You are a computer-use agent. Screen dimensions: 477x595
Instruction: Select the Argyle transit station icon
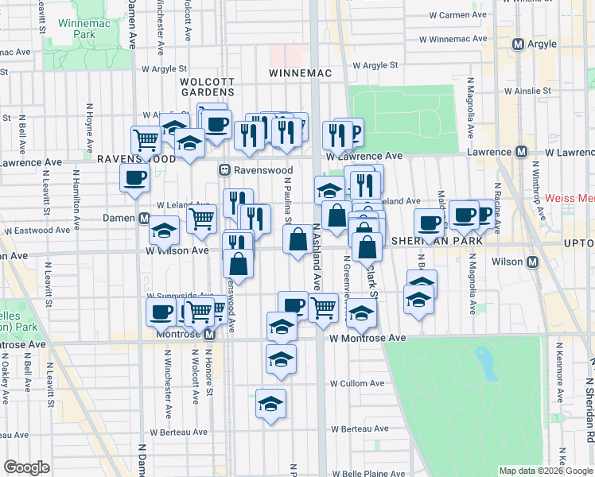click(x=519, y=45)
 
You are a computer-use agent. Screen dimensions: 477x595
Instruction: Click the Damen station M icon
click(x=144, y=218)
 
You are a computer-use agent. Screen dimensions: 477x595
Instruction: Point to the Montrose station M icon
click(x=209, y=335)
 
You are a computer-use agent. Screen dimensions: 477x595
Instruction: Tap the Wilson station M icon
click(x=532, y=262)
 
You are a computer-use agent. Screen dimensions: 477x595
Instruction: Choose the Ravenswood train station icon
click(x=225, y=170)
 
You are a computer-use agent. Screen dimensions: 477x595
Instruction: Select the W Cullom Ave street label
click(x=356, y=383)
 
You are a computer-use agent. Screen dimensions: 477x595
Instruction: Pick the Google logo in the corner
click(x=26, y=467)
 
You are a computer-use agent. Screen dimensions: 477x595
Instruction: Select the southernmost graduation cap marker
click(x=270, y=403)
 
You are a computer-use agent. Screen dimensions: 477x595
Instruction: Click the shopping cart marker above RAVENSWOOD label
click(x=146, y=139)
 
